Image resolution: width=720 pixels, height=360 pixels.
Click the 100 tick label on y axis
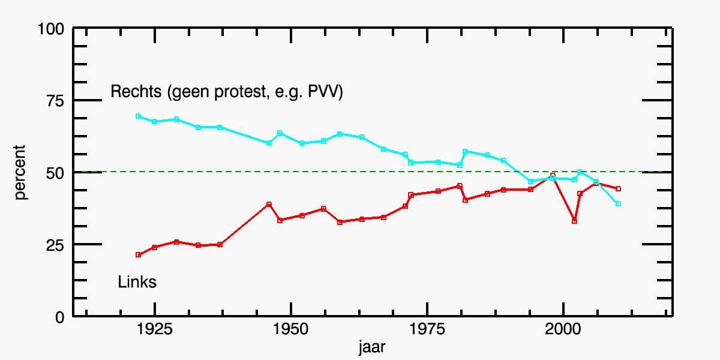point(51,29)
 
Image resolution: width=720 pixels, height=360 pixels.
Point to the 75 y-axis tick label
point(55,101)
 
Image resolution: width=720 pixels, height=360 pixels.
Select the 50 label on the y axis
point(55,173)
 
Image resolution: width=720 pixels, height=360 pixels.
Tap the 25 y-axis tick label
point(55,245)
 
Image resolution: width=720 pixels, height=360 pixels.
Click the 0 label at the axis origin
point(60,317)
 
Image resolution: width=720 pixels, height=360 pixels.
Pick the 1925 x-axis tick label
point(155,329)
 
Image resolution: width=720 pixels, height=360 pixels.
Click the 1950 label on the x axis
point(291,329)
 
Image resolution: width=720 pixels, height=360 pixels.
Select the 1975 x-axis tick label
point(427,329)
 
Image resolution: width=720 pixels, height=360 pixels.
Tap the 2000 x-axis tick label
point(563,329)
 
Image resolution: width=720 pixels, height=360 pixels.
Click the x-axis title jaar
point(372,347)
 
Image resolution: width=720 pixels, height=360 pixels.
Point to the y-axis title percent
point(20,172)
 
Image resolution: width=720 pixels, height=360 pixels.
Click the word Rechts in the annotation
point(136,91)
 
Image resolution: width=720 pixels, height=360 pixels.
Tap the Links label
point(137,282)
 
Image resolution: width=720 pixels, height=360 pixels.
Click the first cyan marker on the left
point(138,116)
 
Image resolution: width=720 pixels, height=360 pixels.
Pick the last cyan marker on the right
point(618,204)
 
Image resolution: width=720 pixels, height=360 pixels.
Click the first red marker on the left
point(138,255)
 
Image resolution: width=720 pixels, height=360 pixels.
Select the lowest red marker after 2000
point(574,221)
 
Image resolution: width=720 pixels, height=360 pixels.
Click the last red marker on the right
point(618,188)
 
